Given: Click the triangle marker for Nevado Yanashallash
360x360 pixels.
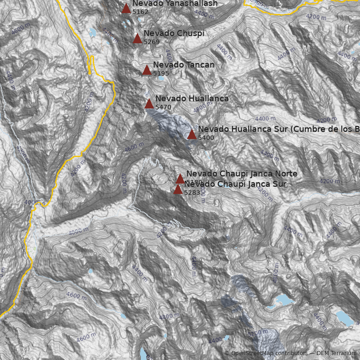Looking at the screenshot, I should click(126, 8).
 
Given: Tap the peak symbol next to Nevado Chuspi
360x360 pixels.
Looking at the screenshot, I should click(138, 38).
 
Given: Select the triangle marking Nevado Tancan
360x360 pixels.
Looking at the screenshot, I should click(147, 70).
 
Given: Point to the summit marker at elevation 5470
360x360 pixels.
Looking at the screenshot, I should click(149, 103).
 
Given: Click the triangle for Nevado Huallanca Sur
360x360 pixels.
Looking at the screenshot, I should click(192, 134).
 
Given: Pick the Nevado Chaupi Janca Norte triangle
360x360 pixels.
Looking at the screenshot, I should click(180, 179).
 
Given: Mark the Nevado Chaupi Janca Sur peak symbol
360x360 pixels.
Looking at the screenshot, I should click(178, 189).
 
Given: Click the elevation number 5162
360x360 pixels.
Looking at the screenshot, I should click(140, 12).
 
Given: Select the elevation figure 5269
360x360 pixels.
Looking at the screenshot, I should click(152, 42).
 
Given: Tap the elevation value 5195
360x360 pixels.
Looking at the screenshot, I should click(161, 73).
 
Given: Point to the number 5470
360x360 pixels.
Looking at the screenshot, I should click(163, 107).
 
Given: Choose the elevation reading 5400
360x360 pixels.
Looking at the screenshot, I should click(206, 138).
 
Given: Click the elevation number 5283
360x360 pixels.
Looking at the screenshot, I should click(192, 193).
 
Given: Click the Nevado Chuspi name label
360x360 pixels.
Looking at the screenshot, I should click(174, 33).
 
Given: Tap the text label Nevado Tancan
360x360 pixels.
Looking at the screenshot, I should click(184, 65).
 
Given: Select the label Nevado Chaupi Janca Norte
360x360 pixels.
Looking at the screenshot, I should click(242, 174).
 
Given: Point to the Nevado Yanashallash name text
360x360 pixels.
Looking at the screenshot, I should click(175, 4).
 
